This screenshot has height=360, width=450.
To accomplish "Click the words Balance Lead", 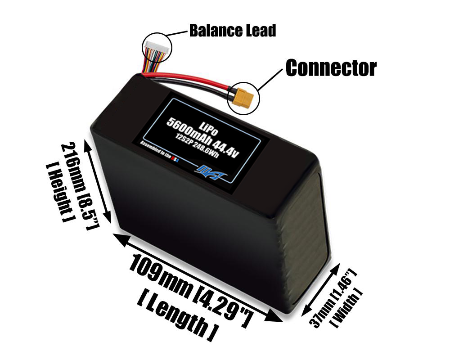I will (232, 31).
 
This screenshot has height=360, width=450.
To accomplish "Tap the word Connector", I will (331, 68).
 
